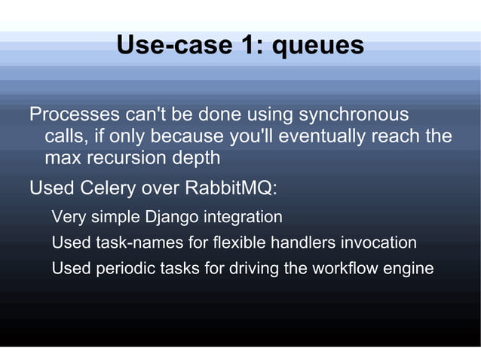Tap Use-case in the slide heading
pyautogui.click(x=173, y=46)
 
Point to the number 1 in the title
pyautogui.click(x=248, y=46)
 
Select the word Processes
pyautogui.click(x=74, y=115)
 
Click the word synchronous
pyautogui.click(x=354, y=115)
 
